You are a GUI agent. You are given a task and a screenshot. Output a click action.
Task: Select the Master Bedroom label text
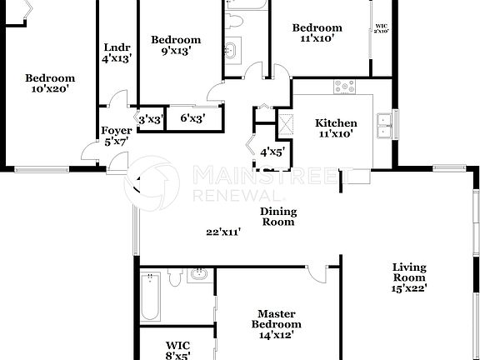pyautogui.click(x=278, y=319)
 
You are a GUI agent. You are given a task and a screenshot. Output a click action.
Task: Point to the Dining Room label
pyautogui.click(x=278, y=217)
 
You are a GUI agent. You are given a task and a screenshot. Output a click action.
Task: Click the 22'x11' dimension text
pyautogui.click(x=224, y=232)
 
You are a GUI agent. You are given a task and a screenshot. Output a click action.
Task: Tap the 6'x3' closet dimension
pyautogui.click(x=192, y=119)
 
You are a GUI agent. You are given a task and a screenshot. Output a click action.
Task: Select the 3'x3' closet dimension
pyautogui.click(x=150, y=119)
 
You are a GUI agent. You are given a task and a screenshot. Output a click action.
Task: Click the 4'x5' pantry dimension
pyautogui.click(x=272, y=152)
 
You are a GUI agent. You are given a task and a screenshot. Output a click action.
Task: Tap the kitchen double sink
pyautogui.click(x=384, y=125)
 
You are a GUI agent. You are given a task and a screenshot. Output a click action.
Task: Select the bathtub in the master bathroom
pyautogui.click(x=151, y=300)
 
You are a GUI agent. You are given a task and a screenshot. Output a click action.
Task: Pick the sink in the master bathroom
pyautogui.click(x=198, y=274)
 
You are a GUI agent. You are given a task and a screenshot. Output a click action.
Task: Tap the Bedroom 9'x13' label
pyautogui.click(x=175, y=45)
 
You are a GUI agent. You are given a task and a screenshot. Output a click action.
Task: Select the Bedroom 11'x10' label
pyautogui.click(x=317, y=32)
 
